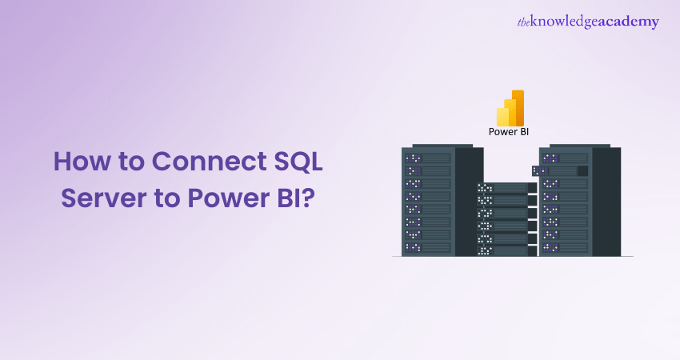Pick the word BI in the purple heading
pyautogui.click(x=291, y=197)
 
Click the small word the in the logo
pyautogui.click(x=524, y=22)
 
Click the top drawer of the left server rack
pyautogui.click(x=428, y=158)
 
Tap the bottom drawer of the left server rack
pyautogui.click(x=428, y=246)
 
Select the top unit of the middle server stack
pyautogui.click(x=502, y=188)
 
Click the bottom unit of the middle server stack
pyautogui.click(x=502, y=250)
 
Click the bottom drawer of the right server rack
pyautogui.click(x=566, y=246)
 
